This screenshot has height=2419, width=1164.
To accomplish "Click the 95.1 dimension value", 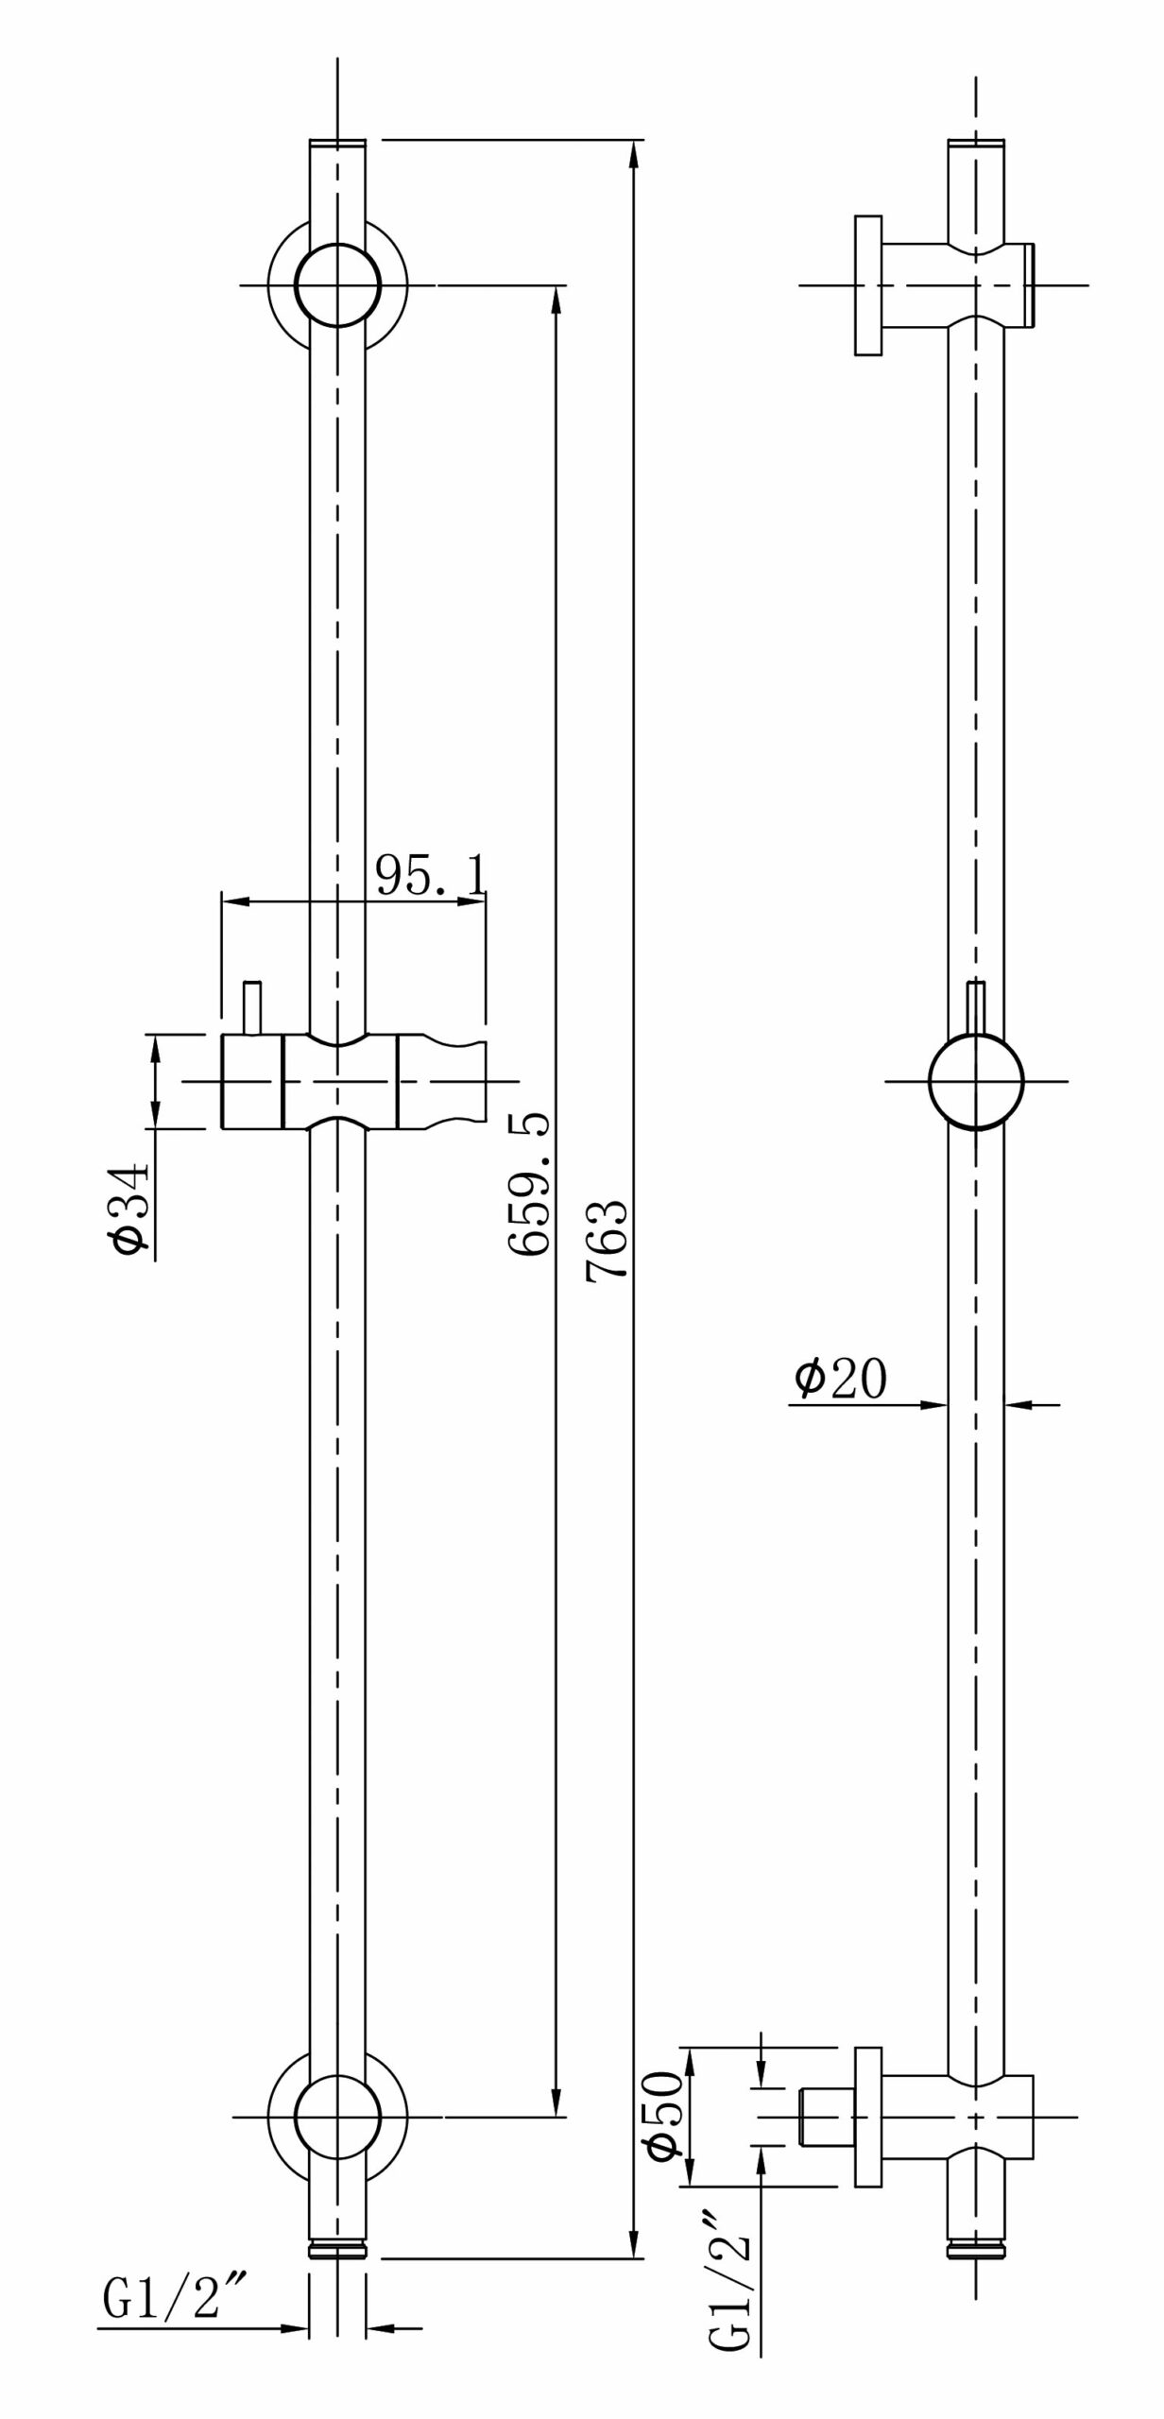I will tap(432, 875).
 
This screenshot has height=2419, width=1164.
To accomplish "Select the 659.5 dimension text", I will tap(530, 1184).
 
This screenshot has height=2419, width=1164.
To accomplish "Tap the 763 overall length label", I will tap(607, 1239).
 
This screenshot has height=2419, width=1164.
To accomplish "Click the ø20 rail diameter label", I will tap(840, 1379).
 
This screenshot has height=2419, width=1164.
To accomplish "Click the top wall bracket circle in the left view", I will tap(337, 284).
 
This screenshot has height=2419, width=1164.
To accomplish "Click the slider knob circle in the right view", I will tap(976, 1081).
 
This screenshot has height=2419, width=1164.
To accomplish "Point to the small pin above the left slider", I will tap(252, 1008).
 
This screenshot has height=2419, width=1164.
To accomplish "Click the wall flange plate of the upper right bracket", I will tap(867, 285).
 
